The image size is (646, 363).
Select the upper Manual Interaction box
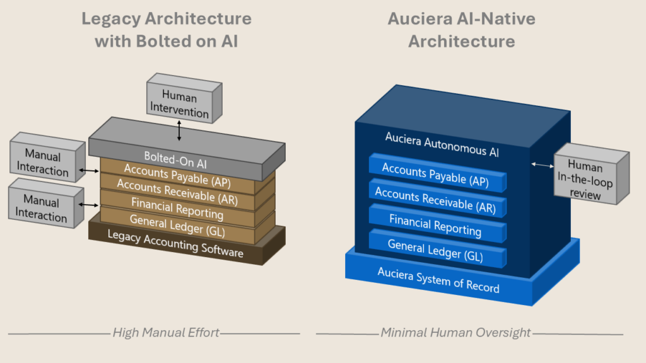pyautogui.click(x=43, y=163)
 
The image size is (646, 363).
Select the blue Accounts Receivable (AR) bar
pyautogui.click(x=435, y=199)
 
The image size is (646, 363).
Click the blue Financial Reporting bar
pyautogui.click(x=435, y=225)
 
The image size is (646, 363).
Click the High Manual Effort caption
pyautogui.click(x=166, y=332)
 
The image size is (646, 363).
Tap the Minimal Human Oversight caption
pyautogui.click(x=455, y=332)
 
